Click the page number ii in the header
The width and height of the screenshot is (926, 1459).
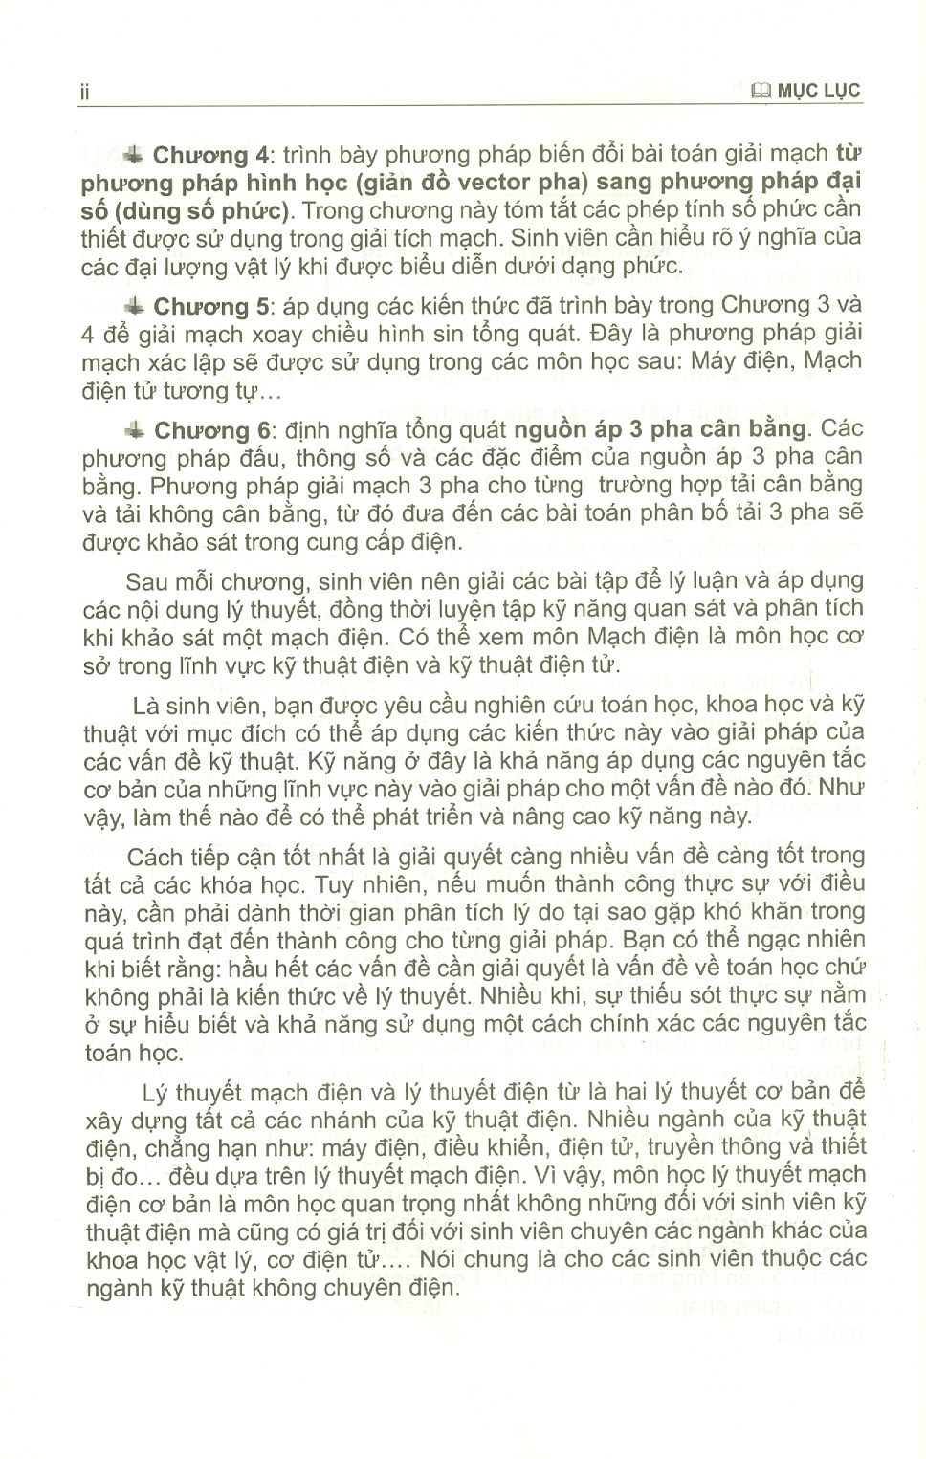pos(84,92)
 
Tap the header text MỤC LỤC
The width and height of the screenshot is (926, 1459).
pos(820,92)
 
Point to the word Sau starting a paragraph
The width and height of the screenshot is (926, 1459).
pos(147,580)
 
